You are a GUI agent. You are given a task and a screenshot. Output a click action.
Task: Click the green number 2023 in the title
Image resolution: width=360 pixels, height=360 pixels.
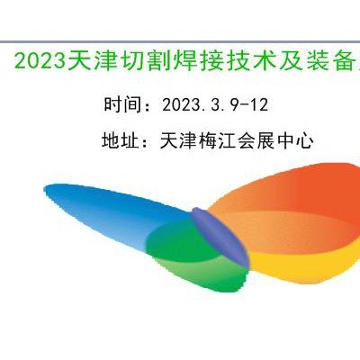(40, 61)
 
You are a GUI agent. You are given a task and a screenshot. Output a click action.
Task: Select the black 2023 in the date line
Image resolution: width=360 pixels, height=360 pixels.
(181, 105)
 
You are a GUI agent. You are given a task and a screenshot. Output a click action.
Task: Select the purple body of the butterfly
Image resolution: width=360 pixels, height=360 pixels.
(220, 237)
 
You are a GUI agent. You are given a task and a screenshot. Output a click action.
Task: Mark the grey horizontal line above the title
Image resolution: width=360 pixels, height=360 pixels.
(180, 41)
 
